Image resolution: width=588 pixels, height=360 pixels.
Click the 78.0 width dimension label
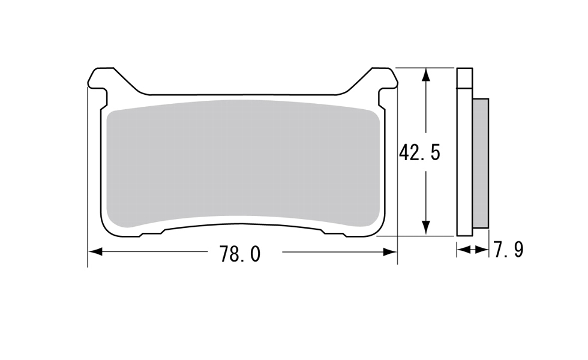239,254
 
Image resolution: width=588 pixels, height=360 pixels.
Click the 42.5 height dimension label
419,152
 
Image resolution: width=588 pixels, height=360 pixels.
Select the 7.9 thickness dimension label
509,250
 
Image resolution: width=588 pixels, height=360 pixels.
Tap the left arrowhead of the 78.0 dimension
95,251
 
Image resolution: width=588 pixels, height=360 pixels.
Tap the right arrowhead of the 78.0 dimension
390,251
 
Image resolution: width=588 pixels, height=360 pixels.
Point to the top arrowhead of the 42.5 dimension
425,75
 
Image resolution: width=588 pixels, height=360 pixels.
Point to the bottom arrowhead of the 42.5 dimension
425,228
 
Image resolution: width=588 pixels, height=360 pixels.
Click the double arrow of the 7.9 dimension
473,250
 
